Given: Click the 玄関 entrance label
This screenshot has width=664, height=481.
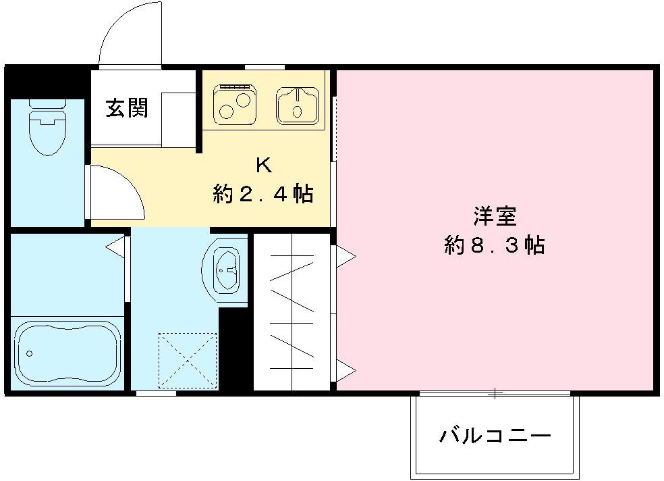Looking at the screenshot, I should pyautogui.click(x=126, y=108).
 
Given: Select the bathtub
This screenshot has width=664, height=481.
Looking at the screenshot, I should pyautogui.click(x=67, y=353).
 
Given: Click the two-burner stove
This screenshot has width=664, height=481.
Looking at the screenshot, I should pyautogui.click(x=235, y=105).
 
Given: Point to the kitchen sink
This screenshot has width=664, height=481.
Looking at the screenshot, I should pyautogui.click(x=297, y=105).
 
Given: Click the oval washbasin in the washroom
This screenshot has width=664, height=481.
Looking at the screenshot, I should pyautogui.click(x=225, y=269).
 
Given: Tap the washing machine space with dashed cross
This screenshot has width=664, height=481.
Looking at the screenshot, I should pyautogui.click(x=188, y=360).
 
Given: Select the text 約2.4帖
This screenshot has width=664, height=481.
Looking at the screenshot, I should pyautogui.click(x=262, y=195).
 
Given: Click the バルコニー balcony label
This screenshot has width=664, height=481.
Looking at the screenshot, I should pyautogui.click(x=495, y=435).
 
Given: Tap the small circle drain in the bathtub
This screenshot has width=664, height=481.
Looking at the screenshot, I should pyautogui.click(x=29, y=353).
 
